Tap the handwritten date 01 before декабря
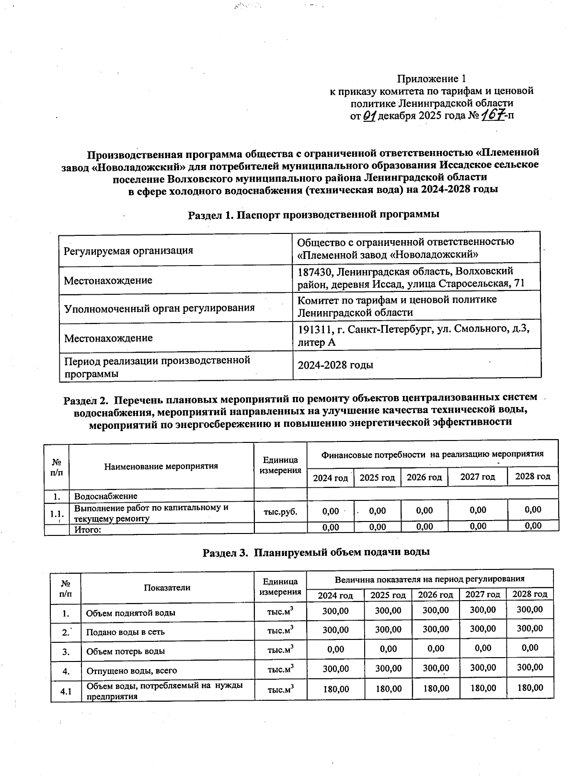pyautogui.click(x=370, y=116)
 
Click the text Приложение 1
pyautogui.click(x=431, y=79)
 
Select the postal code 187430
pyautogui.click(x=315, y=272)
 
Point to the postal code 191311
pyautogui.click(x=315, y=330)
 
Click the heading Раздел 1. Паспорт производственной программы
pyautogui.click(x=313, y=214)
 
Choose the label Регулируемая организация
pyautogui.click(x=128, y=250)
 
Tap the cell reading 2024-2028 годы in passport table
pyautogui.click(x=335, y=365)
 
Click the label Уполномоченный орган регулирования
pyautogui.click(x=159, y=308)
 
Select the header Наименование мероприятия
pyautogui.click(x=161, y=466)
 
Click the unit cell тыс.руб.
pyautogui.click(x=280, y=511)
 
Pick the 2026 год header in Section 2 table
pyautogui.click(x=424, y=477)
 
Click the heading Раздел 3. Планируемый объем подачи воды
pyautogui.click(x=316, y=552)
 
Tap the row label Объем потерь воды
pyautogui.click(x=126, y=651)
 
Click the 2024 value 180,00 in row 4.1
pyautogui.click(x=335, y=689)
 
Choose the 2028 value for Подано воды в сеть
pyautogui.click(x=530, y=628)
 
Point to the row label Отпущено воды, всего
pyautogui.click(x=131, y=671)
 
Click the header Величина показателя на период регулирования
pyautogui.click(x=429, y=579)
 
